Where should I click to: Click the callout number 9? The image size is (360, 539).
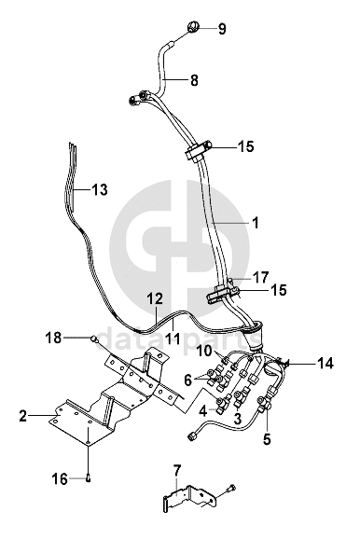[222, 29]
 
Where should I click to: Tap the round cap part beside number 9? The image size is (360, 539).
[193, 27]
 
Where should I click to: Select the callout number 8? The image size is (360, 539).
[194, 80]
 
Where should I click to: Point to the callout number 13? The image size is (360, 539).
[100, 189]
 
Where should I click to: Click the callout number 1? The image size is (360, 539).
[255, 223]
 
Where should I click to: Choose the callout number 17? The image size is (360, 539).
[261, 277]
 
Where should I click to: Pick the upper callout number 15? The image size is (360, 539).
[246, 146]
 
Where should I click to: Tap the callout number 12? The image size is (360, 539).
[155, 298]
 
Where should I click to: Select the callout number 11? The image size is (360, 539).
[172, 339]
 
